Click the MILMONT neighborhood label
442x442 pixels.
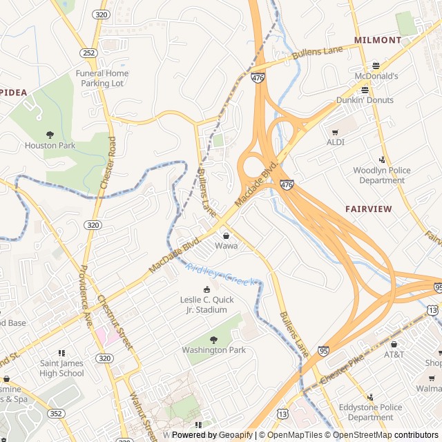coord(377,40)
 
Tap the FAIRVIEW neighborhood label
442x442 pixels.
coord(368,209)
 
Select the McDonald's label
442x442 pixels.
coord(376,76)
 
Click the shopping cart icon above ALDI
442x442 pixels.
coord(335,132)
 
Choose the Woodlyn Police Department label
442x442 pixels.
coord(381,175)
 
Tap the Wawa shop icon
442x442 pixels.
coord(226,236)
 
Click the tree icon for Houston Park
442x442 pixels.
coord(50,135)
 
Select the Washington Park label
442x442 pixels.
coord(213,350)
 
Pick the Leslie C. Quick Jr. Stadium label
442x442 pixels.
coord(206,305)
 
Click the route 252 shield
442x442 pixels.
coord(88,52)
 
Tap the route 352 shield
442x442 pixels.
coord(56,413)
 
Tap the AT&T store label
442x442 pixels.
coord(394,354)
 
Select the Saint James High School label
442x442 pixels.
coord(61,368)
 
